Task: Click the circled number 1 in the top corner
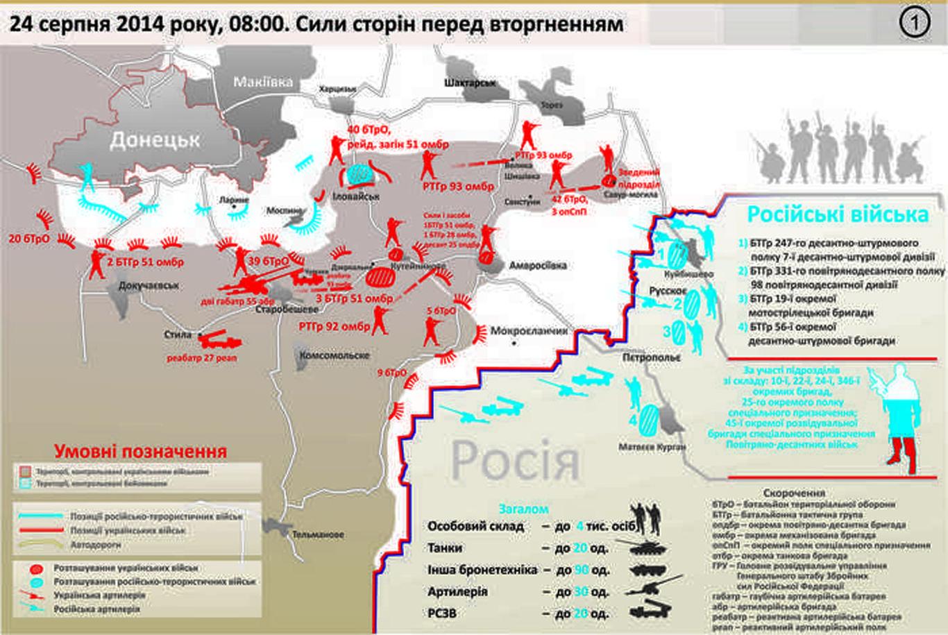coord(914,23)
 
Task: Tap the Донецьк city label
coord(155,140)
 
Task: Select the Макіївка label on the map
coord(262,81)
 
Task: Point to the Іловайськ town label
coord(356,196)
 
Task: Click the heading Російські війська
coord(837,214)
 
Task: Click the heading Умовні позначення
coord(140,451)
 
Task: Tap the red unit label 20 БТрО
coord(28,239)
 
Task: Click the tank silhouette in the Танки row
coord(652,548)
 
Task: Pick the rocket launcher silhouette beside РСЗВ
coord(652,613)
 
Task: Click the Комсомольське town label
coord(334,355)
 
